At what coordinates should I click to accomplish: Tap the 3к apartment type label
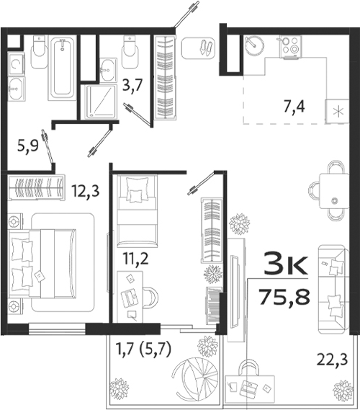click(x=287, y=263)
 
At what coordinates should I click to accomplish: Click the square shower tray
click(x=101, y=102)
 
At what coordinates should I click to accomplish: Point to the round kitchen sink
click(x=253, y=45)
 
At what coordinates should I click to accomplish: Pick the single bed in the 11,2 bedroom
click(x=135, y=210)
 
